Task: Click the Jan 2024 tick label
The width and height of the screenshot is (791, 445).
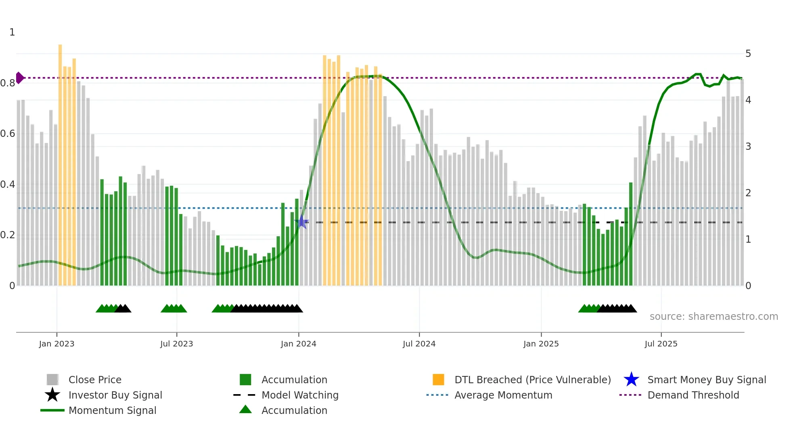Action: click(298, 344)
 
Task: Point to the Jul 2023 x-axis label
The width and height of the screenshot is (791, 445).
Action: click(176, 344)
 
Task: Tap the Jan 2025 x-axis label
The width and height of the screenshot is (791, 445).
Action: click(541, 344)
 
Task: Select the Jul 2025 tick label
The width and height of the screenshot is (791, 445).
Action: click(661, 344)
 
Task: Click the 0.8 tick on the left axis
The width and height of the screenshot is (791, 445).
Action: click(8, 83)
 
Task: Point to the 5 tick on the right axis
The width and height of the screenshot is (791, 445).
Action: click(748, 54)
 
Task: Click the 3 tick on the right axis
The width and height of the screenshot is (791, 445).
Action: click(748, 147)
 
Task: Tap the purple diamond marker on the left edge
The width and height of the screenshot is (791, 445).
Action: click(19, 78)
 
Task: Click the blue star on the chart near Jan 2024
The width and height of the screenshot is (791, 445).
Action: click(302, 222)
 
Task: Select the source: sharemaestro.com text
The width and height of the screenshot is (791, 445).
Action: click(714, 316)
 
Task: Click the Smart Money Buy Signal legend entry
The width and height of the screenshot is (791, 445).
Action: click(706, 380)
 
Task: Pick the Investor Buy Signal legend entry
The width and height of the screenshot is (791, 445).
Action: click(115, 395)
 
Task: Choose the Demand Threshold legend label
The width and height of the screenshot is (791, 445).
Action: click(693, 395)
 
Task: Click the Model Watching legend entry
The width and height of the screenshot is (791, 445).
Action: click(299, 395)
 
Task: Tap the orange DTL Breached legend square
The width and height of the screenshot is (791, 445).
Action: click(438, 380)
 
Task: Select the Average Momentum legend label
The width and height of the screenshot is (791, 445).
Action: click(503, 395)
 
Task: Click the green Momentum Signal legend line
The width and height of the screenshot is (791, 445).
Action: click(52, 410)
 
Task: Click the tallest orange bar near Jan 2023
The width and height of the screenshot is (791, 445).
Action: click(60, 162)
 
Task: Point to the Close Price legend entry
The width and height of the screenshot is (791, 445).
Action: click(94, 380)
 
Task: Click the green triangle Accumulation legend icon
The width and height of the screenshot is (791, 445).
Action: click(245, 410)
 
